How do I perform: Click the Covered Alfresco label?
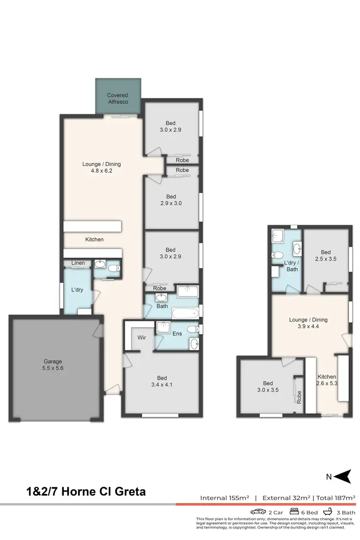[x=118, y=98]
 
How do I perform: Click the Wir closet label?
[x=142, y=337]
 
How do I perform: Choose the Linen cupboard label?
[x=78, y=263]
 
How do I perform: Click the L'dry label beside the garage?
[x=77, y=290]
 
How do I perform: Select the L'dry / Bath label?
[x=291, y=266]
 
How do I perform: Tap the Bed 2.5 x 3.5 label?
[x=326, y=256]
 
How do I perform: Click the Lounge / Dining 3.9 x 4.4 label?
[x=308, y=323]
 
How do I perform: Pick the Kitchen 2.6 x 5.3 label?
[x=326, y=380]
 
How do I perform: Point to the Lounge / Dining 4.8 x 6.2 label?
[x=101, y=167]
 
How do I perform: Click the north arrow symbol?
[x=342, y=477]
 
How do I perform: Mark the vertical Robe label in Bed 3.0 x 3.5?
[x=299, y=396]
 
